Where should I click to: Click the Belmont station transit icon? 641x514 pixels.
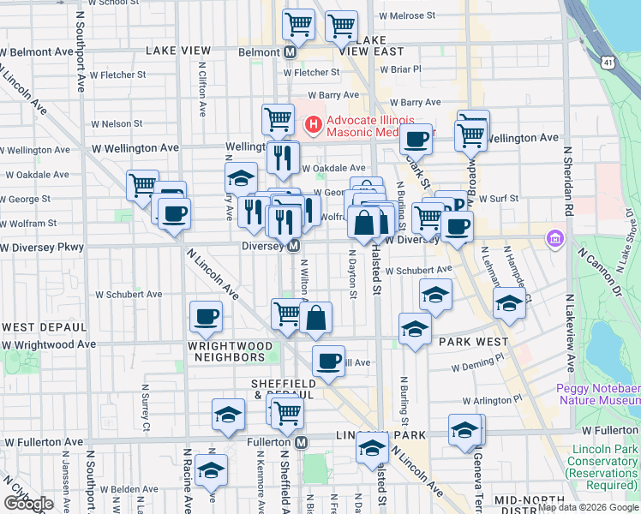pyautogui.click(x=290, y=51)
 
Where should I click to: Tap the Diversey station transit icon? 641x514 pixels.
pyautogui.click(x=293, y=246)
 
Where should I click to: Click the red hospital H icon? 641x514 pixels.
pyautogui.click(x=314, y=125)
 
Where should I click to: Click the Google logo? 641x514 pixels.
pyautogui.click(x=27, y=504)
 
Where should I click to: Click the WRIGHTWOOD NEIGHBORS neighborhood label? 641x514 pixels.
pyautogui.click(x=235, y=353)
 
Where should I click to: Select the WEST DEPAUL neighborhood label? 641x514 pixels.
pyautogui.click(x=44, y=327)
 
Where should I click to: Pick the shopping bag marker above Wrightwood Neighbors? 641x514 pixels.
pyautogui.click(x=315, y=318)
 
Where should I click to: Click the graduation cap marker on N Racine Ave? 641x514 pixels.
pyautogui.click(x=211, y=469)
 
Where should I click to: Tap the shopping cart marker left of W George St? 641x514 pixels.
pyautogui.click(x=142, y=184)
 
